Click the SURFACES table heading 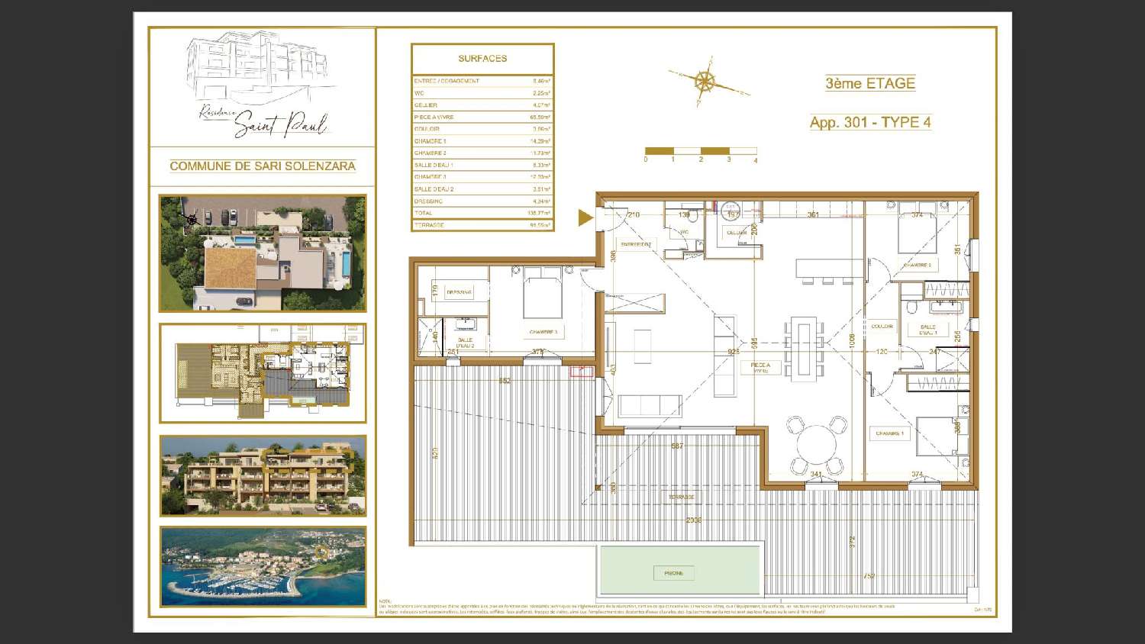point(482,59)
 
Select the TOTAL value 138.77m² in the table point(540,214)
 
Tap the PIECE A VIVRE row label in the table point(434,118)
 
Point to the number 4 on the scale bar point(756,160)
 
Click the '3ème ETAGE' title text point(869,84)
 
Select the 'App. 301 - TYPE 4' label point(870,122)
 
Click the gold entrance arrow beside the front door point(585,218)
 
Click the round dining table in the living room point(817,443)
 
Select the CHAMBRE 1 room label point(889,433)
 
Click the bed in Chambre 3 point(543,297)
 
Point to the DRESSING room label point(459,292)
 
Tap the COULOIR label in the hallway point(882,327)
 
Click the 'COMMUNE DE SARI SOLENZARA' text point(263,166)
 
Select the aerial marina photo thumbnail point(263,566)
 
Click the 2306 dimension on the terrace point(693,520)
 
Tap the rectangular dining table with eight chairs point(803,349)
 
